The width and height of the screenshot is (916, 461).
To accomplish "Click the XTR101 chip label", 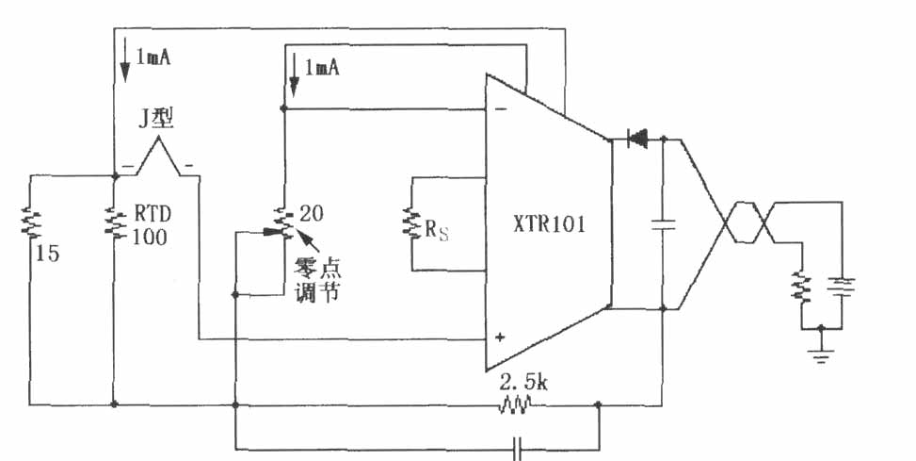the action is [x=549, y=225].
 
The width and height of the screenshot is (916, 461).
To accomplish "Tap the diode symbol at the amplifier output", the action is [x=636, y=140].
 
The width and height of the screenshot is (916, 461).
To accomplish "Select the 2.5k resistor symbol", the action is [x=515, y=404].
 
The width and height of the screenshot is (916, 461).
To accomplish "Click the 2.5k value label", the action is [x=523, y=383].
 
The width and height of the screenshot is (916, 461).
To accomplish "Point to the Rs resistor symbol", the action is [x=411, y=224].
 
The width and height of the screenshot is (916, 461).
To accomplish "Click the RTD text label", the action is [x=153, y=214].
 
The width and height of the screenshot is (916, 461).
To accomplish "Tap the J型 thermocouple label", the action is [x=156, y=119].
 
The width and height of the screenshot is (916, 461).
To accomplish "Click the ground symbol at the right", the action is [x=821, y=353].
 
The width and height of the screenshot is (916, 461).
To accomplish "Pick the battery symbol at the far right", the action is [x=842, y=286].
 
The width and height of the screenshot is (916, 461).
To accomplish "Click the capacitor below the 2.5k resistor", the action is [x=517, y=450].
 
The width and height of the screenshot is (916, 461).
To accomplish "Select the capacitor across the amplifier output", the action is [x=663, y=225].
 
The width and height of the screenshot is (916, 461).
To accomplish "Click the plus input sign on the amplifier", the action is [x=500, y=338].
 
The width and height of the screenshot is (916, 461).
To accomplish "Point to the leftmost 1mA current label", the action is [x=153, y=58].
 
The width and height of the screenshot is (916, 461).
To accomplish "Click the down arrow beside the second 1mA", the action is [x=294, y=74].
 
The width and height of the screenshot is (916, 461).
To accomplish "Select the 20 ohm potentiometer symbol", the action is [x=282, y=223].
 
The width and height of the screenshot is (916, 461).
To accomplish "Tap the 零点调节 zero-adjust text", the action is [x=318, y=280].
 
